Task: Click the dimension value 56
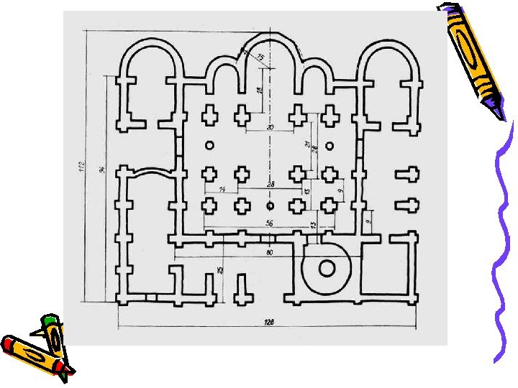click(x=269, y=223)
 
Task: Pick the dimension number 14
click(x=222, y=188)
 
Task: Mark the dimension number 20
click(x=270, y=128)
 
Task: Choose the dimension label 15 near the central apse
click(x=259, y=57)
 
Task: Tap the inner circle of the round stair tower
click(x=327, y=269)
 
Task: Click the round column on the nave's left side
click(x=209, y=146)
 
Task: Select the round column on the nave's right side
click(x=330, y=146)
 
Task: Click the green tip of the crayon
click(x=50, y=319)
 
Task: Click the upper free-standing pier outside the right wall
click(x=406, y=174)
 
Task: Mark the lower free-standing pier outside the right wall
click(x=406, y=205)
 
